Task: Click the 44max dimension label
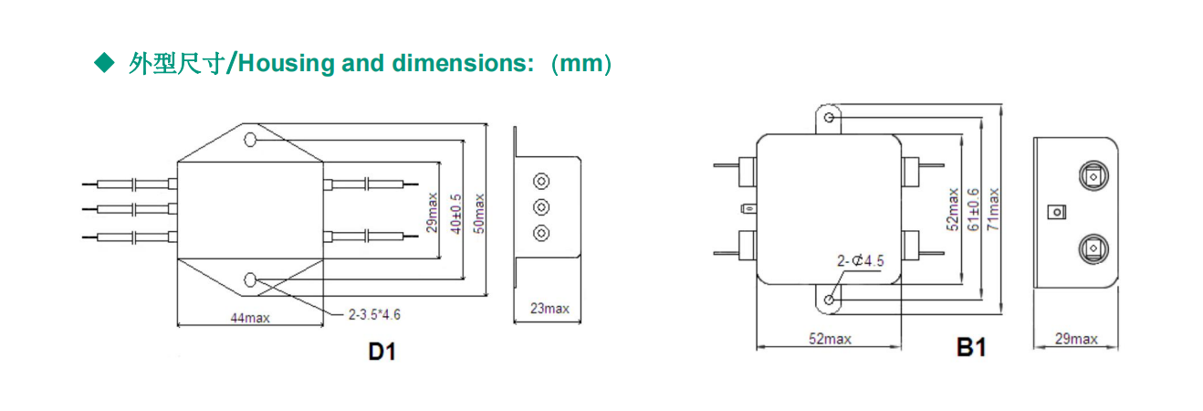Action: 249,317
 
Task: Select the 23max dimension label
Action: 549,309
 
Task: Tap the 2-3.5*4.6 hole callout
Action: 374,314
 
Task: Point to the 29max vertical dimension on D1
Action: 433,211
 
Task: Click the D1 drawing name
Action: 382,351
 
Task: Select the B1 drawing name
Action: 971,348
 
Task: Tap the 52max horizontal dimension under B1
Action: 830,338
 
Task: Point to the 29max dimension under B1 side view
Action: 1076,339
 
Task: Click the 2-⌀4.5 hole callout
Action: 861,261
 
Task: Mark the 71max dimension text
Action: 993,209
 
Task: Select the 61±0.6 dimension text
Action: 973,209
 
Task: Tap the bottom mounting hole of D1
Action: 249,279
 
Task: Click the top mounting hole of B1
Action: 829,118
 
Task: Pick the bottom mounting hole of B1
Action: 829,300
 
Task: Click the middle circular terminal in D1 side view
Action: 541,206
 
